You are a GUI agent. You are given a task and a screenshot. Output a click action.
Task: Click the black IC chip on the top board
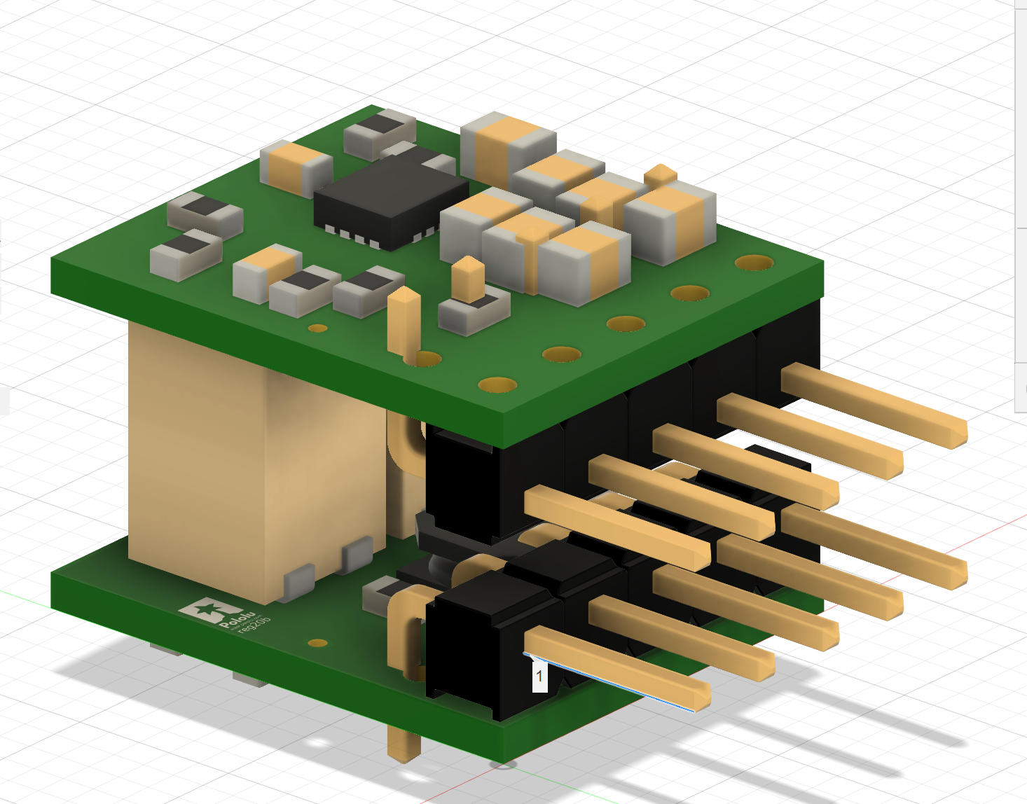pyautogui.click(x=390, y=198)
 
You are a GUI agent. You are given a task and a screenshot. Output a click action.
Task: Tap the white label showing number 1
pyautogui.click(x=539, y=677)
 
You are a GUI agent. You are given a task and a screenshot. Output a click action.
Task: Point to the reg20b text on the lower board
pyautogui.click(x=254, y=623)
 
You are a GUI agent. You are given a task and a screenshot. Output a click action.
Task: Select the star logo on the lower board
pyautogui.click(x=207, y=611)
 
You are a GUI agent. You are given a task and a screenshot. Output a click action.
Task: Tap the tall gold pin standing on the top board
pyautogui.click(x=404, y=322)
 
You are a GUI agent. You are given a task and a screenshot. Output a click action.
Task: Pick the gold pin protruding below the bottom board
pyautogui.click(x=404, y=742)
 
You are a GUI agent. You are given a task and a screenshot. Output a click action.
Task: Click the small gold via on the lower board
pyautogui.click(x=318, y=642)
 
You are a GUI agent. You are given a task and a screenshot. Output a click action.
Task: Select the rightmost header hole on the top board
pyautogui.click(x=754, y=263)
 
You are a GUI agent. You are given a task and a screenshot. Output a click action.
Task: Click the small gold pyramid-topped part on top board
pyautogui.click(x=660, y=175)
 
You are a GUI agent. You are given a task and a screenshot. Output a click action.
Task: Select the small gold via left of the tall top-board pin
pyautogui.click(x=318, y=328)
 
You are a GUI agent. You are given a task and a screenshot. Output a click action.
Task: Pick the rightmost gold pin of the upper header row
pyautogui.click(x=876, y=404)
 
